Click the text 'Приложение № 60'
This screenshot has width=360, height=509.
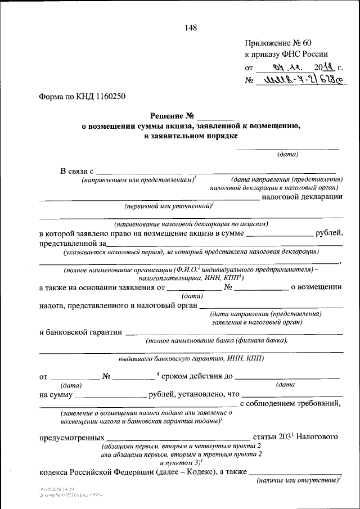(x=277, y=43)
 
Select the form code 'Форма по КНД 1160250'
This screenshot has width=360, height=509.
(x=82, y=96)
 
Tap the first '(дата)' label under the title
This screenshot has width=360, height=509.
(x=287, y=154)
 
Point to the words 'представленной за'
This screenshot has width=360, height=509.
(x=73, y=243)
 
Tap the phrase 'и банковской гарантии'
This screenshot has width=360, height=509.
(x=80, y=332)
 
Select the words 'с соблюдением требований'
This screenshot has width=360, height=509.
(x=291, y=403)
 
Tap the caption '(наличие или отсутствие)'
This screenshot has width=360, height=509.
(x=298, y=480)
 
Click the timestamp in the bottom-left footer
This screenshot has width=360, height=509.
(x=56, y=490)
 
